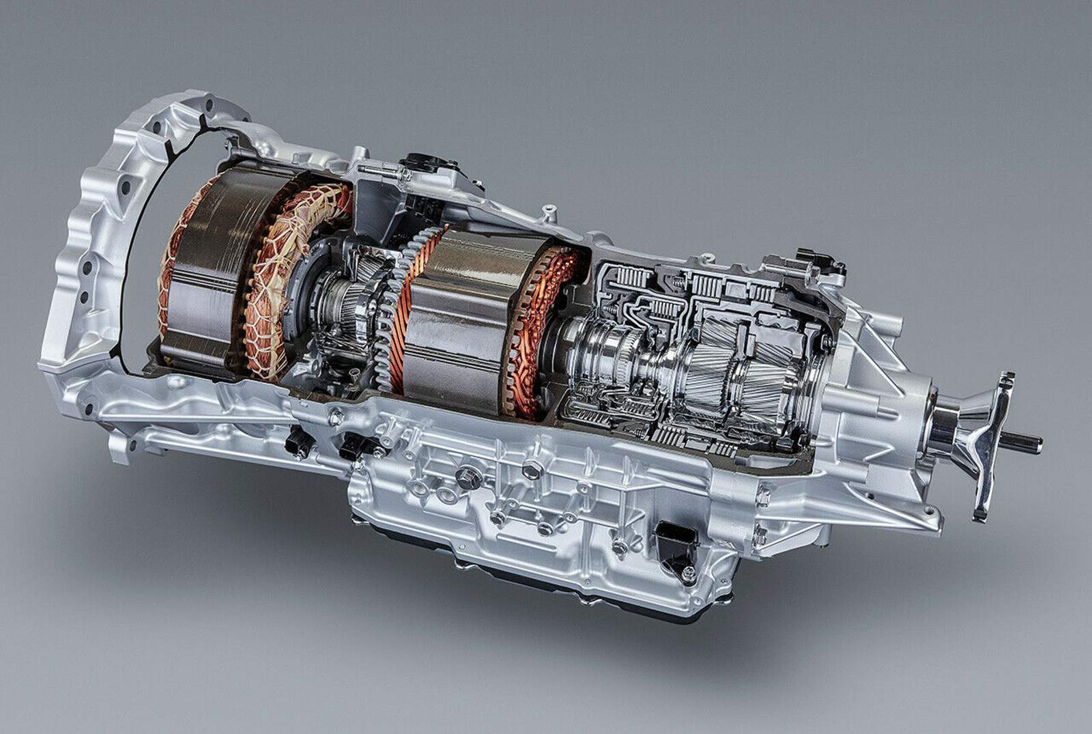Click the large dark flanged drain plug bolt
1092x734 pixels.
(466, 479)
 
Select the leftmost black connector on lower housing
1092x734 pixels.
(298, 443)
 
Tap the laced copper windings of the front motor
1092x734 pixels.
(280, 273)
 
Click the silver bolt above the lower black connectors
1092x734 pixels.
(335, 417)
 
